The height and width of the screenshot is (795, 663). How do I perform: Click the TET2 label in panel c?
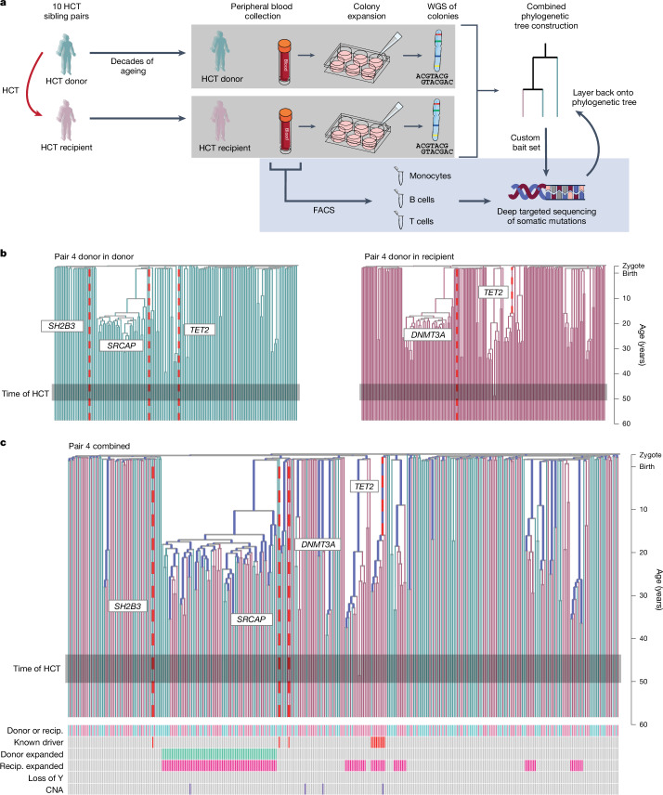click(365, 485)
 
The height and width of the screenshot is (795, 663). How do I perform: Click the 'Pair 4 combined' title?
click(97, 446)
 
